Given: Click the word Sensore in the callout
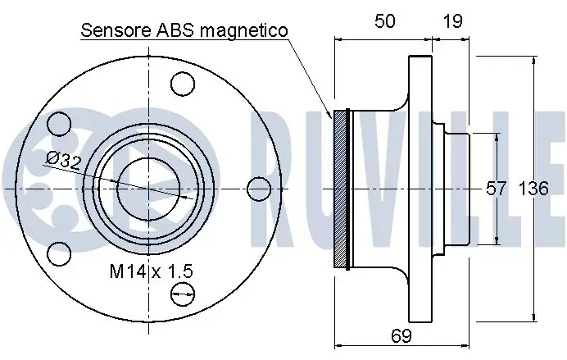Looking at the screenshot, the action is [x=116, y=30].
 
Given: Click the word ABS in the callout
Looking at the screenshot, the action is [x=176, y=30].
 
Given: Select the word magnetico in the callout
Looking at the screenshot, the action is [x=244, y=31].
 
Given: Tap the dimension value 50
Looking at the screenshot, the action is [x=384, y=21].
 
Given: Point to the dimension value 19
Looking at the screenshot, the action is [x=452, y=21].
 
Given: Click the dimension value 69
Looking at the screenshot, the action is [x=401, y=335].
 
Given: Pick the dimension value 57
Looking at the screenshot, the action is [x=496, y=189].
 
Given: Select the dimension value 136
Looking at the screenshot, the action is [x=533, y=189].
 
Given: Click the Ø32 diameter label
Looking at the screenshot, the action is [x=64, y=161].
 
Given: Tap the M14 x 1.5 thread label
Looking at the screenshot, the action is [x=151, y=271].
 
